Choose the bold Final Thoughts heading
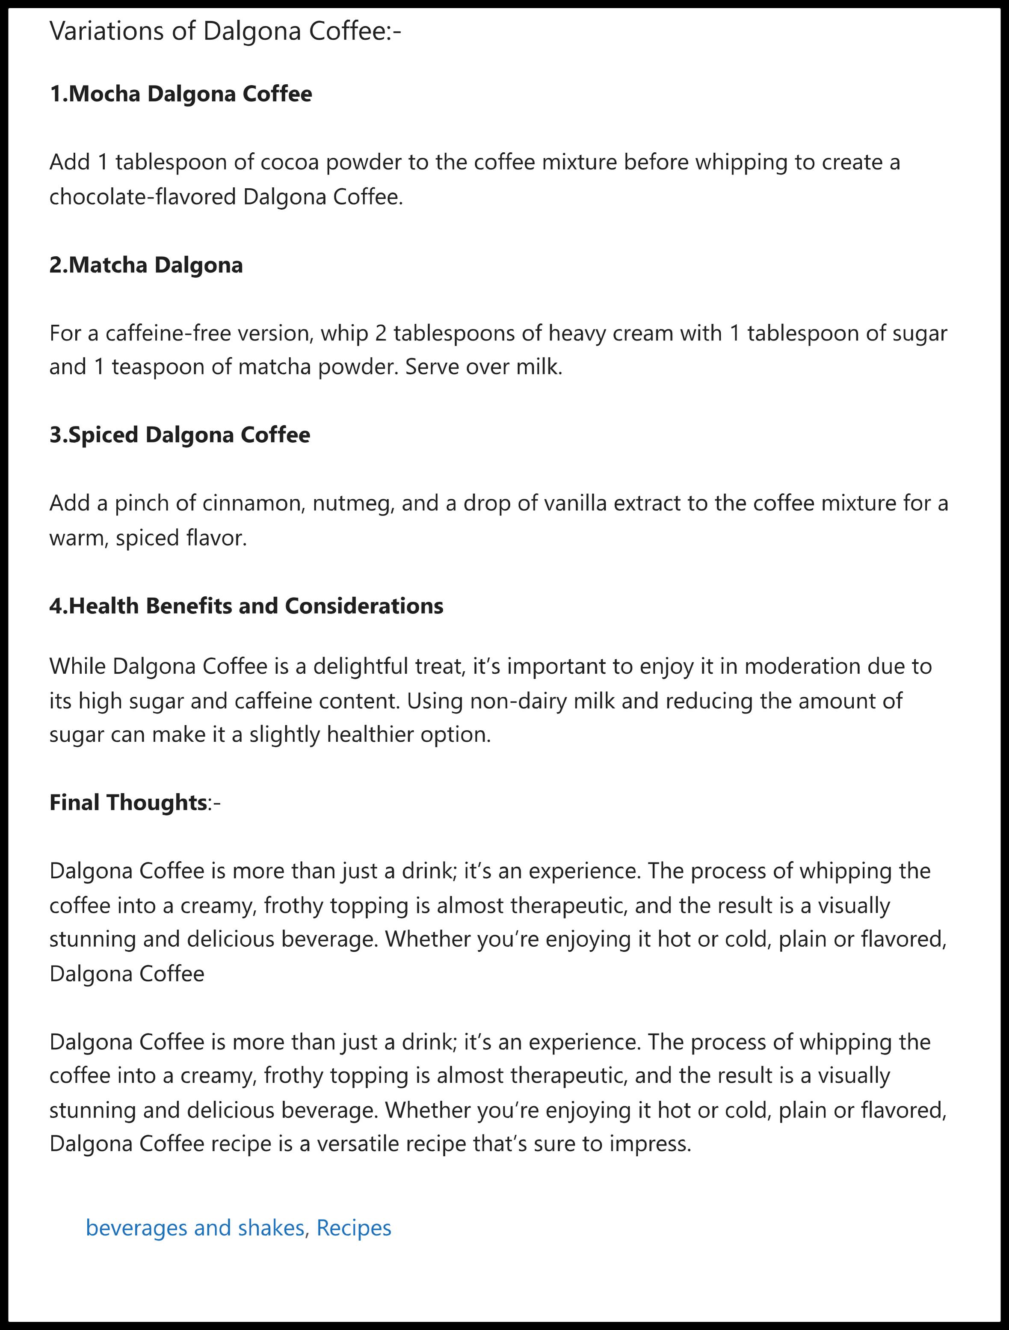click(x=128, y=802)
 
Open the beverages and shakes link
click(x=195, y=1227)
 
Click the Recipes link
click(x=354, y=1227)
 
